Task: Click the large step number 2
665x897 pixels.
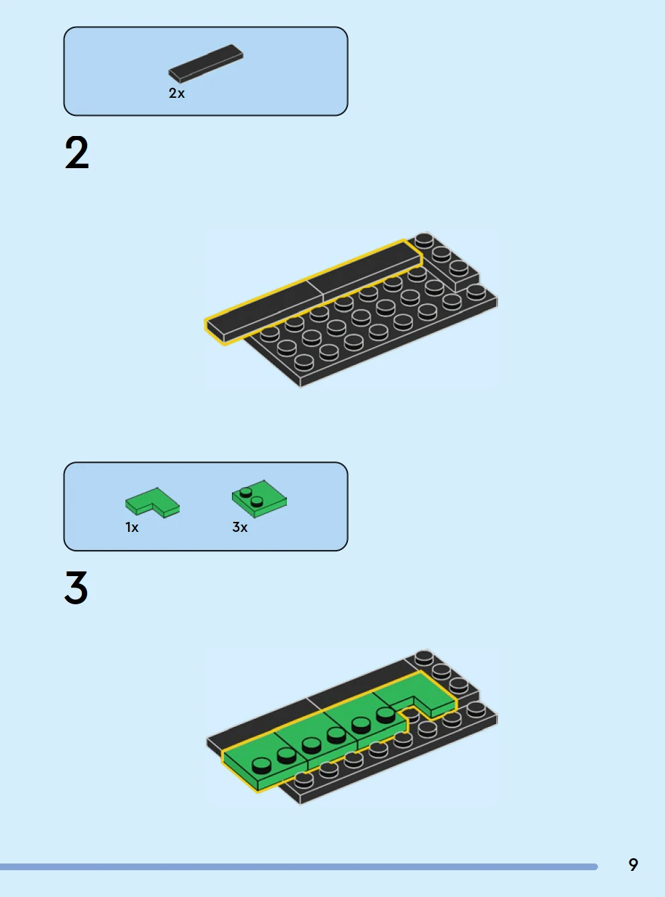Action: [x=76, y=153]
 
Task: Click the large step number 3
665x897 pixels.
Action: [x=76, y=588]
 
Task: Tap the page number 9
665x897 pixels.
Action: [x=633, y=865]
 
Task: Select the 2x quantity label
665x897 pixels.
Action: [x=176, y=93]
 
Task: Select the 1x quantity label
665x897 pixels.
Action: [x=132, y=527]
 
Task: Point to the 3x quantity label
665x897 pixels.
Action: [x=239, y=527]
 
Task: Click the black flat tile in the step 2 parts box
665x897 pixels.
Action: [x=206, y=64]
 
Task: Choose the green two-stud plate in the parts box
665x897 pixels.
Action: [x=259, y=499]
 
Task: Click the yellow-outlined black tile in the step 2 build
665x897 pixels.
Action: [x=314, y=292]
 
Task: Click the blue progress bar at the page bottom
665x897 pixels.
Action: [x=299, y=867]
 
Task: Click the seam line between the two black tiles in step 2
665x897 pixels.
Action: [x=315, y=289]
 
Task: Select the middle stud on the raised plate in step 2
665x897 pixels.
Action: [x=441, y=254]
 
